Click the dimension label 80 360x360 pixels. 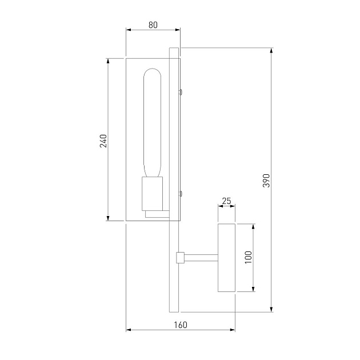153,25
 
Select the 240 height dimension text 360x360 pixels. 103,141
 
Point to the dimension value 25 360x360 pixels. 226,201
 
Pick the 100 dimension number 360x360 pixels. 248,258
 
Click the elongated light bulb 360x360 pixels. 153,123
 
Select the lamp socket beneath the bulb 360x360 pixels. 153,194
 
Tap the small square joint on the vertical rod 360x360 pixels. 180,258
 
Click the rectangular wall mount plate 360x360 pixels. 226,258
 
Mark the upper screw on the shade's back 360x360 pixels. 181,90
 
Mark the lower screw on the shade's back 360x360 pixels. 181,193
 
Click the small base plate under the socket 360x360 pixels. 157,214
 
